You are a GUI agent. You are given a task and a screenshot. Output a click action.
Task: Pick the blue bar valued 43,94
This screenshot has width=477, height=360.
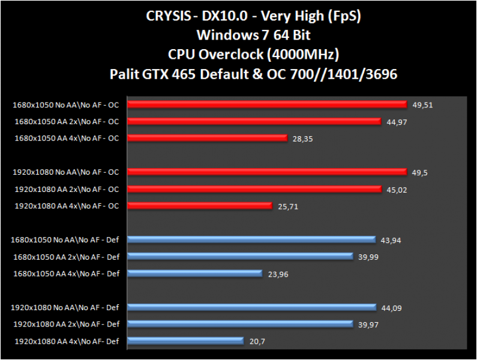click(251, 240)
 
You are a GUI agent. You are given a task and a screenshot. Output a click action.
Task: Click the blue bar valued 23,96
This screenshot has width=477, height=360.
click(194, 274)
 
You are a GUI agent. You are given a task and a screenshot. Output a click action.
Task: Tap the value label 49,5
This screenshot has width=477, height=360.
click(421, 173)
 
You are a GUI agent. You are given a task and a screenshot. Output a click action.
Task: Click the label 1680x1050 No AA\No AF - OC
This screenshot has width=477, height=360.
click(65, 105)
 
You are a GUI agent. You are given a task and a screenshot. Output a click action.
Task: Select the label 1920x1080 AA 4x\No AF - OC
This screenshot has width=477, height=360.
click(65, 206)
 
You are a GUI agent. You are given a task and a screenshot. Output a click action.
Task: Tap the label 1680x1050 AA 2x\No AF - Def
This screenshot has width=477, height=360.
click(65, 257)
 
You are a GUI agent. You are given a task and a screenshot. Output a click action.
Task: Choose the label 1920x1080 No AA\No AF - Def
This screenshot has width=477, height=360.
click(65, 308)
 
